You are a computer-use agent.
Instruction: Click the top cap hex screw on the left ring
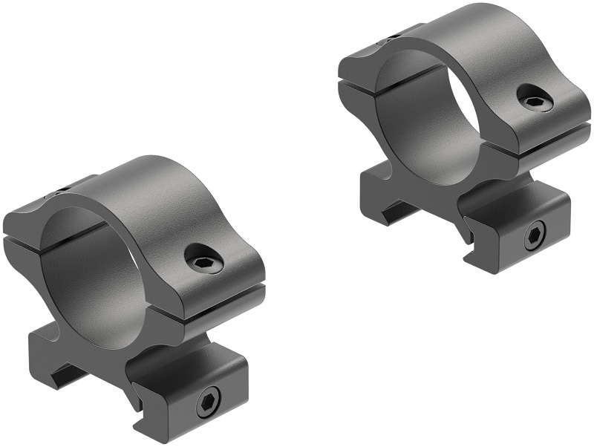point(205,260)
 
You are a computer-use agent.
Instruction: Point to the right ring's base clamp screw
point(535,238)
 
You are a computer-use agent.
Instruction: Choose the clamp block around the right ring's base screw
point(520,223)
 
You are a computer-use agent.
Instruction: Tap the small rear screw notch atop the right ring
point(391,35)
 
